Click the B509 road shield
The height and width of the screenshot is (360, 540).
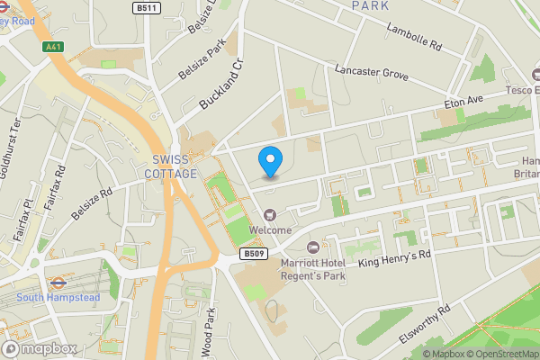click(x=253, y=255)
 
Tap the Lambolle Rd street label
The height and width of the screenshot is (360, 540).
click(x=414, y=41)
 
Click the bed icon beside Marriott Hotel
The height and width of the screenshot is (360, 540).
click(x=313, y=247)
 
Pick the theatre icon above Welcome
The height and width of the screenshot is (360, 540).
click(x=270, y=214)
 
